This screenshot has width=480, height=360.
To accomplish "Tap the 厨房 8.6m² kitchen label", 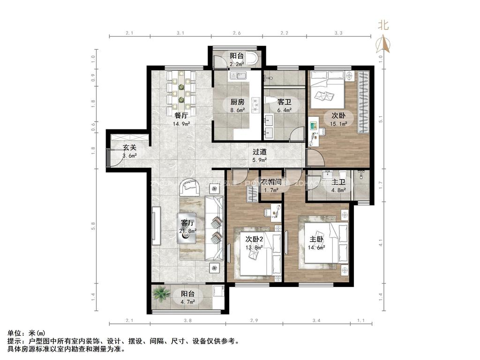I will (x=237, y=105).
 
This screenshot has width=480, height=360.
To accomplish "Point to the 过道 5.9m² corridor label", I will (x=260, y=156).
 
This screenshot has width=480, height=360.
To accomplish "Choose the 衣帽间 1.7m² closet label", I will (x=271, y=186).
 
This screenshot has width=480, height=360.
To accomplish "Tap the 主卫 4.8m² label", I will (x=338, y=186).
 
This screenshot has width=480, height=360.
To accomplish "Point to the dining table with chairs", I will (x=181, y=90).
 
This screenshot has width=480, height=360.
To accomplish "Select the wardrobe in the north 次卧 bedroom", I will (x=363, y=102).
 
